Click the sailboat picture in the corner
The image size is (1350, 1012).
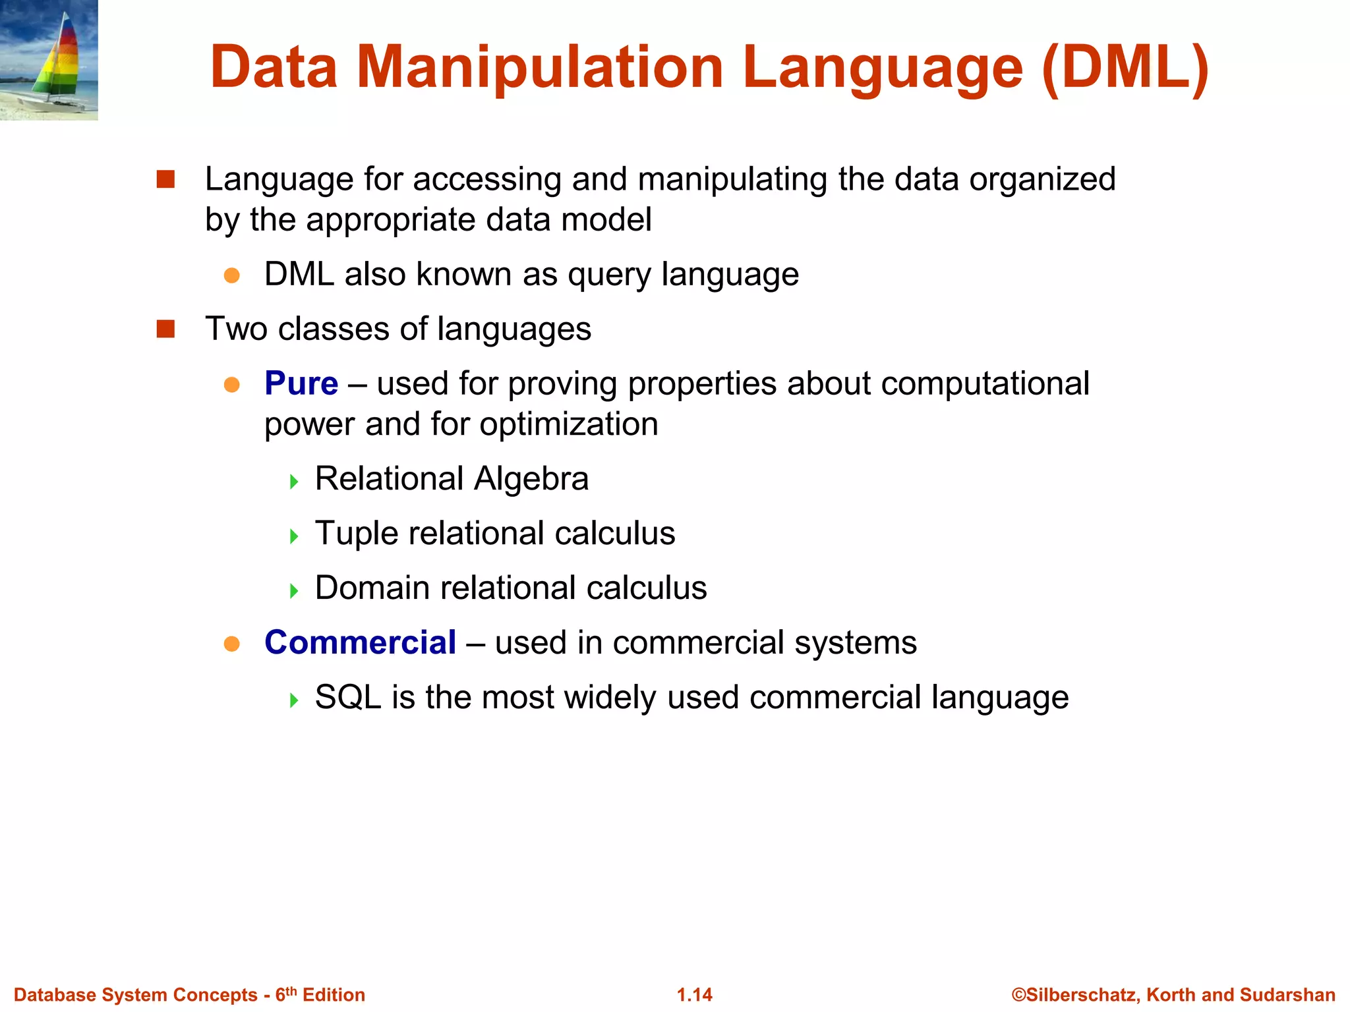click(x=49, y=60)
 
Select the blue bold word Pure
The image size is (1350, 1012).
click(x=301, y=383)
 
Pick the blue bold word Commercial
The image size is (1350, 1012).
click(x=360, y=642)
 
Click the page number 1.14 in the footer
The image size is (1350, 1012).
click(x=695, y=995)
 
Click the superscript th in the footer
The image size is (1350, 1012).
click(x=291, y=990)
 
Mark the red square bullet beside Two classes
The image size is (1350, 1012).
click(x=165, y=329)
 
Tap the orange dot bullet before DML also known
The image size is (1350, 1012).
click(x=231, y=275)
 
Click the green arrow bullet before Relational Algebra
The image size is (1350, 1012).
click(x=294, y=482)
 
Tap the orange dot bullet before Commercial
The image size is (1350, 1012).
click(x=231, y=644)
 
